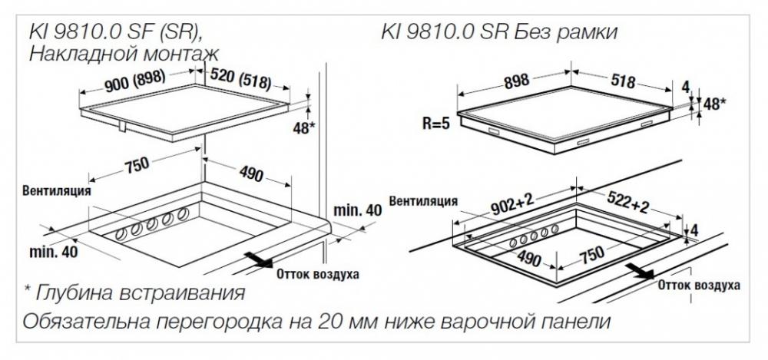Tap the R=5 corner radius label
(436, 124)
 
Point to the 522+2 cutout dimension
(628, 201)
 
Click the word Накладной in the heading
(80, 53)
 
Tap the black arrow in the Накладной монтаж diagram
(259, 259)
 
